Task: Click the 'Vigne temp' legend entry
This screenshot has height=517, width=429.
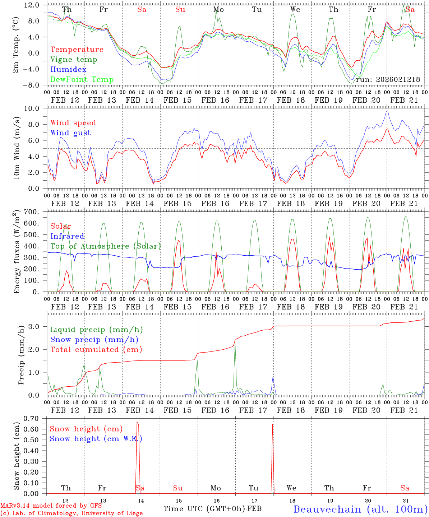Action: pos(74,60)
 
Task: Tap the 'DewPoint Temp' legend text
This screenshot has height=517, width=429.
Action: pos(82,80)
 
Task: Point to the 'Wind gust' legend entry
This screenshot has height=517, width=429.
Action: pos(70,133)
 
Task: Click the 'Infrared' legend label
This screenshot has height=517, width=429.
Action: pos(67,236)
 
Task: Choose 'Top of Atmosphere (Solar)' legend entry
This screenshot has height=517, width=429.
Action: pos(106,246)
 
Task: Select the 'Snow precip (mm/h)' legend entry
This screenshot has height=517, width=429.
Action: pos(94,340)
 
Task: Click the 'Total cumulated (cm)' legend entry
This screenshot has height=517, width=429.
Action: pos(96,350)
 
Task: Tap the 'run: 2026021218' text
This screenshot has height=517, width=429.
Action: pos(388,80)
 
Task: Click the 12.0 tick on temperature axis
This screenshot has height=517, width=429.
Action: pos(32,5)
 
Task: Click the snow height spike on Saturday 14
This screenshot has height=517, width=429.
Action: pos(137,423)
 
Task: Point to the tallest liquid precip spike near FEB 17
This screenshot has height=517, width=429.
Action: pos(235,341)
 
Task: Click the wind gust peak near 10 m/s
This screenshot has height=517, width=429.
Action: pos(387,111)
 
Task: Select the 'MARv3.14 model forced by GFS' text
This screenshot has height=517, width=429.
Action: pos(51,506)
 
